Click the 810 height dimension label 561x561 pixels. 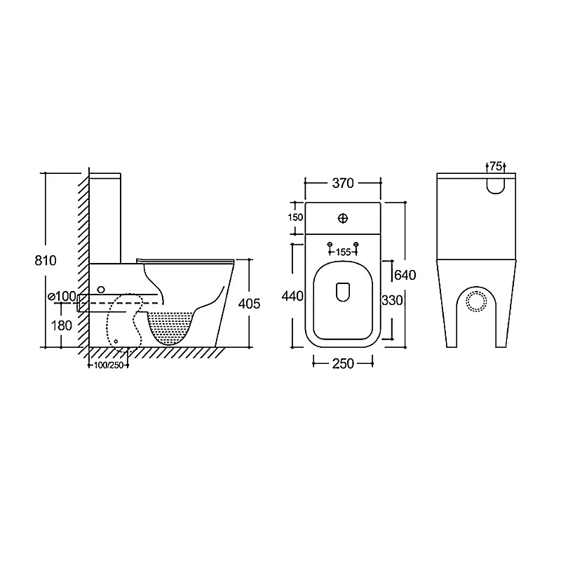(46, 260)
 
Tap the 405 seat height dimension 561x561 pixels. (250, 304)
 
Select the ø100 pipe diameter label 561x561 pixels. (62, 296)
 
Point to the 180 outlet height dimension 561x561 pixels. (62, 325)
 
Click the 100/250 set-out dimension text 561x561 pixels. (109, 365)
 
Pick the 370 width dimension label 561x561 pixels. (343, 183)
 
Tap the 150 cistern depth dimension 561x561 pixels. (295, 217)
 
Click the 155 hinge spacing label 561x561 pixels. (343, 252)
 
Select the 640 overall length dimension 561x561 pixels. (405, 275)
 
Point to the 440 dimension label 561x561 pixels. (292, 296)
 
